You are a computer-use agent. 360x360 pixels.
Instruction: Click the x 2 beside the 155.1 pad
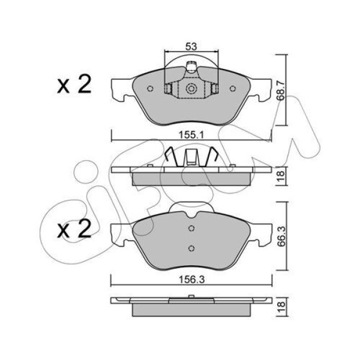click(x=73, y=85)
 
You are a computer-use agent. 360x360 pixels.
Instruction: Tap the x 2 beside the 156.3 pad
click(x=73, y=230)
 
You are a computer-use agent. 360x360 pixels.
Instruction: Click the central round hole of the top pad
click(x=191, y=89)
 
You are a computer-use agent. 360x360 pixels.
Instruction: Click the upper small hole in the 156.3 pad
click(x=191, y=228)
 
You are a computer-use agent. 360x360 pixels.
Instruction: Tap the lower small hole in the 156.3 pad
click(x=191, y=249)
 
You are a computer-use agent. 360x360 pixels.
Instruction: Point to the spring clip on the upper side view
click(x=191, y=158)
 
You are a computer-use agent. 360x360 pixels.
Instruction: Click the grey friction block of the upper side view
click(x=191, y=178)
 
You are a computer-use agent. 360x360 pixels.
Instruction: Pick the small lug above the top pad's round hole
click(x=191, y=67)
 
